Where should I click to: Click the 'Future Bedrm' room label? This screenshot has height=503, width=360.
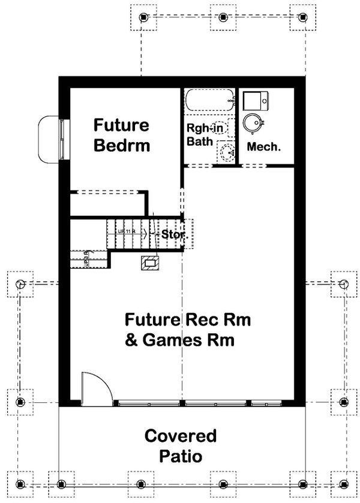(121, 135)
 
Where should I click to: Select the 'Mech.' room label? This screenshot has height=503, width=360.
(264, 146)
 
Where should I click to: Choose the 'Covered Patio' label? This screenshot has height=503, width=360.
(180, 445)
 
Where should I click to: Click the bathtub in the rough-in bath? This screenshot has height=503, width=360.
(209, 99)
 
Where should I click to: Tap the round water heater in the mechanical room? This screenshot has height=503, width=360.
(253, 124)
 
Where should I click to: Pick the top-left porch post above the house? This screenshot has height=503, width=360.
(143, 17)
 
